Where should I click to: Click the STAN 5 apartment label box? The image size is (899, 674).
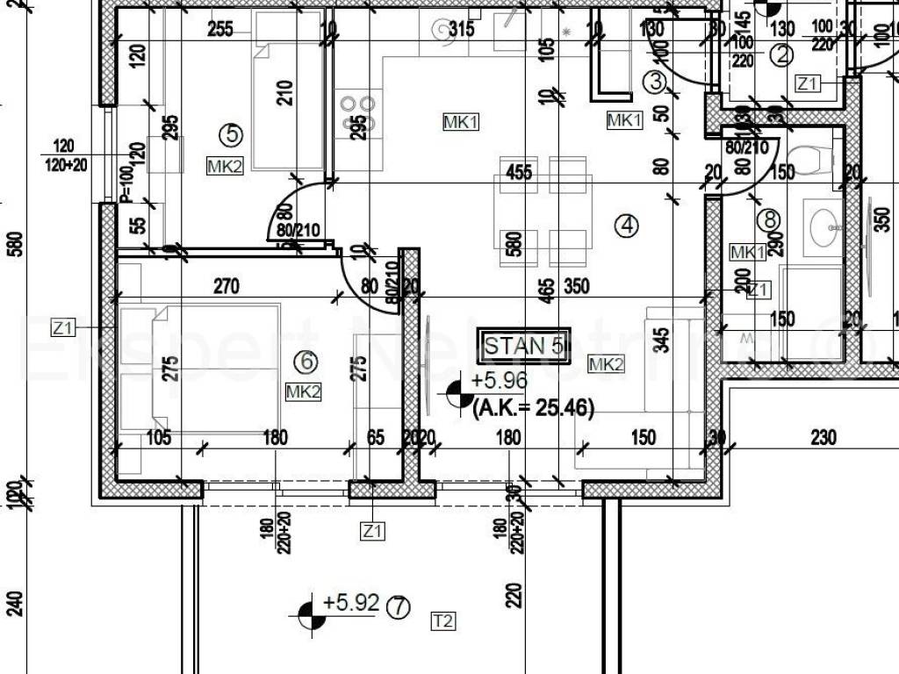click(x=523, y=346)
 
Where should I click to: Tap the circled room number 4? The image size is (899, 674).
click(x=625, y=226)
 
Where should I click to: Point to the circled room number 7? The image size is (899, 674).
click(x=399, y=606)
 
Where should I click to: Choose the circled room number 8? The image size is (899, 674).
click(x=772, y=219)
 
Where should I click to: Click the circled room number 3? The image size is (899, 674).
click(x=657, y=82)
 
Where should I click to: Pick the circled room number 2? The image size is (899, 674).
click(x=781, y=56)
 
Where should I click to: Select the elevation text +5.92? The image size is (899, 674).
click(x=350, y=603)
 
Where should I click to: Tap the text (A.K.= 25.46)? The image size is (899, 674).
click(x=533, y=407)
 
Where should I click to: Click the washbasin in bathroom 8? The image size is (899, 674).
click(x=825, y=226)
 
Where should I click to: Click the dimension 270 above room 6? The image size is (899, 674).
click(x=227, y=285)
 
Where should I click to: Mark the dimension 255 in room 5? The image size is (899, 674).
click(x=219, y=30)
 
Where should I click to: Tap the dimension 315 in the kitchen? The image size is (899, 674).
click(x=461, y=30)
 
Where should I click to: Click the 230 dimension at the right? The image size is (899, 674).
click(x=823, y=436)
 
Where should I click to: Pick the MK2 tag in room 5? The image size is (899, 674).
click(x=225, y=166)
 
